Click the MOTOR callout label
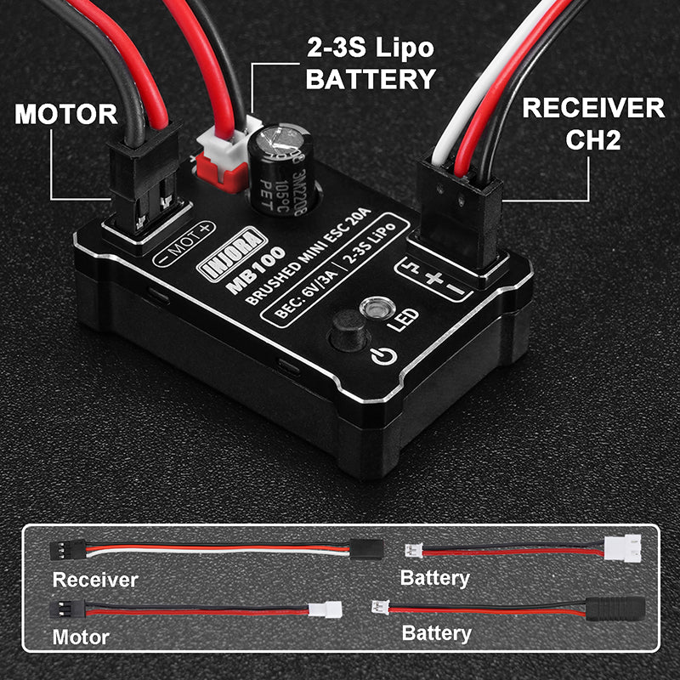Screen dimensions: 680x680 (65, 113)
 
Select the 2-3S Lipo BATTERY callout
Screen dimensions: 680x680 (370, 64)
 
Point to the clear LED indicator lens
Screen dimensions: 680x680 (372, 307)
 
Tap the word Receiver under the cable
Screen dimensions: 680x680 (95, 580)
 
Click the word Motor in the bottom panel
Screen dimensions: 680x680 (81, 636)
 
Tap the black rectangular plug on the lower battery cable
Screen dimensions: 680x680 (616, 609)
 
